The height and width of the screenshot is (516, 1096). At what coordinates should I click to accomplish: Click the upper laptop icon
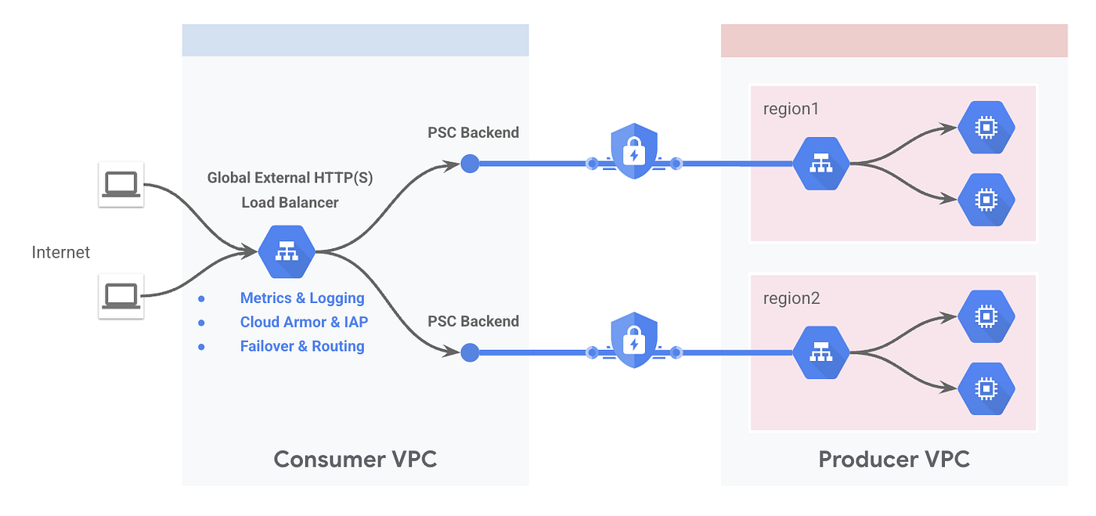click(121, 184)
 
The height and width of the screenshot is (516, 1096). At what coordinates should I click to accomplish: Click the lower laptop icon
click(121, 296)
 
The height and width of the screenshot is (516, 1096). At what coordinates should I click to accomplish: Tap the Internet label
click(61, 252)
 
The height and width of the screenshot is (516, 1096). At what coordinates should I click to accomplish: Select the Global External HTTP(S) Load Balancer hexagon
click(287, 251)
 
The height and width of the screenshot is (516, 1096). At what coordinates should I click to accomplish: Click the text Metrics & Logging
click(302, 298)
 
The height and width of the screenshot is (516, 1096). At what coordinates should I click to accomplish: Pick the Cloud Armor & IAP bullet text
click(304, 322)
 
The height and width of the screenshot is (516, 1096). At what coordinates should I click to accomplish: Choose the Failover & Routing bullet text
click(302, 346)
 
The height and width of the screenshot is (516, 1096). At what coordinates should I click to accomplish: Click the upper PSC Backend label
click(473, 132)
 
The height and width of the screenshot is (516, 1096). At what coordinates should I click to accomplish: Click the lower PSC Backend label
click(473, 321)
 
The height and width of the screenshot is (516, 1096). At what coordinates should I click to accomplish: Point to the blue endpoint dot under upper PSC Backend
click(470, 164)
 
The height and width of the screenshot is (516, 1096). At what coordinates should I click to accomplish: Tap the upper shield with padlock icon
click(634, 151)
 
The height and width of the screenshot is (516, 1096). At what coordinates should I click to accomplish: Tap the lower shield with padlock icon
click(634, 340)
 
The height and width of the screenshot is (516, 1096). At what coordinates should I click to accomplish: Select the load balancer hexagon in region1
click(821, 164)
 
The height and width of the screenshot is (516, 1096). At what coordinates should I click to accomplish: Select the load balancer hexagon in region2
click(821, 352)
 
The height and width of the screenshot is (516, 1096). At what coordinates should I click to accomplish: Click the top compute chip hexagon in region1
click(986, 128)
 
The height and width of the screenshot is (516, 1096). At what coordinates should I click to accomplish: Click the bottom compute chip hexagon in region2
click(986, 388)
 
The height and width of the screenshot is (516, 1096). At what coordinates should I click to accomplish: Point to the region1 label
click(791, 109)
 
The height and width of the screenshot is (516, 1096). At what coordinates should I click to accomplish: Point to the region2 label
click(791, 298)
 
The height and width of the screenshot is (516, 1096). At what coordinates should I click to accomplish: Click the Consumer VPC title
click(355, 459)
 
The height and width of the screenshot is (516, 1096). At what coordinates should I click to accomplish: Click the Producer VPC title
click(894, 459)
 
